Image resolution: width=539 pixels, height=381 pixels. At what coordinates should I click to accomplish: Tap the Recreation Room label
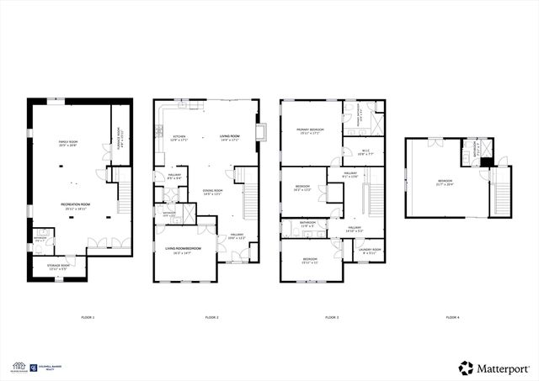pyautogui.click(x=75, y=204)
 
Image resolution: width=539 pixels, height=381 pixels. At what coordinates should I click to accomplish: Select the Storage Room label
pyautogui.click(x=58, y=267)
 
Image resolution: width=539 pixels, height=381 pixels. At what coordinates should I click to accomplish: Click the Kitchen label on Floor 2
pyautogui.click(x=179, y=138)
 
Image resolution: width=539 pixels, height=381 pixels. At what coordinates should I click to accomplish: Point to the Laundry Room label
pyautogui.click(x=370, y=251)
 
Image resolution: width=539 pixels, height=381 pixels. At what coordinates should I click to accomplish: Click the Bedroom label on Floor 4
pyautogui.click(x=446, y=183)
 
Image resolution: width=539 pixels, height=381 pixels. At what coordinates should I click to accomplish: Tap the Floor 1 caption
pyautogui.click(x=88, y=317)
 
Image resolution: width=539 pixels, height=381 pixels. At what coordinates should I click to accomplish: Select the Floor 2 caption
pyautogui.click(x=211, y=317)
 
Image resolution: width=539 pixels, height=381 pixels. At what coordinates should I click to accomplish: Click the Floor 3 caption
pyautogui.click(x=332, y=317)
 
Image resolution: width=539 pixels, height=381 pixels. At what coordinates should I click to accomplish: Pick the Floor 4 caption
pyautogui.click(x=452, y=317)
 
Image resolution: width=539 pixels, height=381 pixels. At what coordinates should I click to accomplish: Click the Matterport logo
pyautogui.click(x=493, y=368)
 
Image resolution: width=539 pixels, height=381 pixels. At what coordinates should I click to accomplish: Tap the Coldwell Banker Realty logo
pyautogui.click(x=41, y=367)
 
